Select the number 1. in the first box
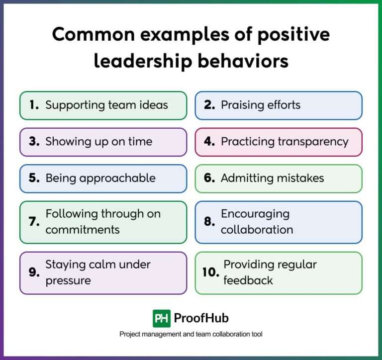pos(34,105)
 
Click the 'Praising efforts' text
pos(261,105)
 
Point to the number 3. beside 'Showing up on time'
pos(34,142)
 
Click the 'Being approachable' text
pos(100,178)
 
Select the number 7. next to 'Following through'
pos(34,222)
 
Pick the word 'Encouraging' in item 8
pos(255,214)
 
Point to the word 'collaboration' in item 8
pos(257,230)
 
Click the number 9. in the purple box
pos(34,272)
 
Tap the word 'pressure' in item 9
pos(68,280)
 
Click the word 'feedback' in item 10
pos(248,280)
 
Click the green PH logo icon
pos(162,318)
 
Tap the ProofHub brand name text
pos(201,318)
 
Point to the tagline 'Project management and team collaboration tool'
pos(191,335)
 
